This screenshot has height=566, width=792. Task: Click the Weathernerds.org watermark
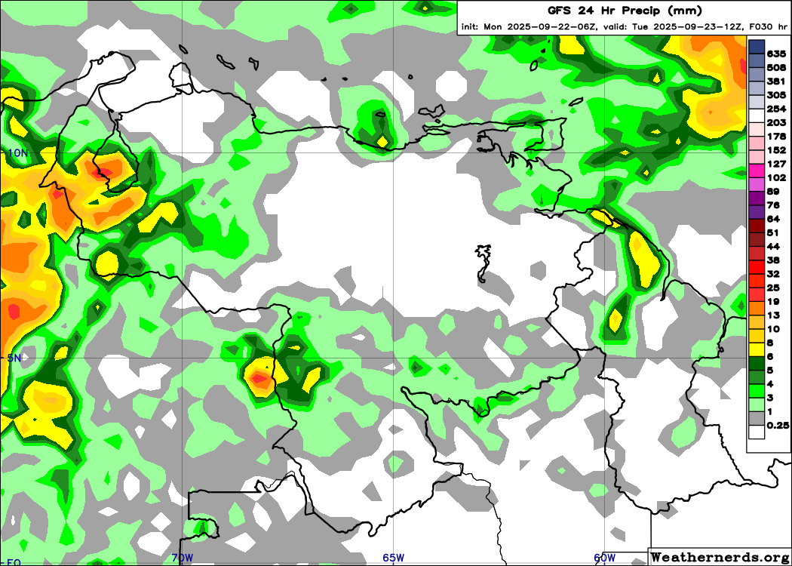point(720,557)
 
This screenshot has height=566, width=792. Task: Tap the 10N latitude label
point(17,152)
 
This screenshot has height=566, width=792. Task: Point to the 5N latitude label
point(14,358)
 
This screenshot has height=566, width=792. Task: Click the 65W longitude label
point(393,558)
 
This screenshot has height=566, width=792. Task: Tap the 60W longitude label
point(604,558)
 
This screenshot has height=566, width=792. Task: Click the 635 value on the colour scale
point(776,54)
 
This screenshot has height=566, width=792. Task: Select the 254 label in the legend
point(776,109)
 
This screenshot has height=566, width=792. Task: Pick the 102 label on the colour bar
point(776,177)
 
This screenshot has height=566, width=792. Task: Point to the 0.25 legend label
point(778,425)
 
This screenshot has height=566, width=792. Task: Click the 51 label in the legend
point(773,232)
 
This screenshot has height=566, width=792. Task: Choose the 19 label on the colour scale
point(773,301)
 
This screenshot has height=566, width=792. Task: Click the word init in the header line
point(470,27)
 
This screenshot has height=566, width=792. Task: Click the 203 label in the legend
point(776,123)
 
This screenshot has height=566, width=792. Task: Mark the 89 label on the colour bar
point(773,192)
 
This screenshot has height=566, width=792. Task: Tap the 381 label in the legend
point(776,82)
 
